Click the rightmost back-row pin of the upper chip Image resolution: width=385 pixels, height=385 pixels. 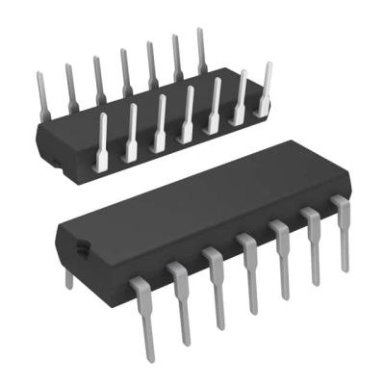202,50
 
